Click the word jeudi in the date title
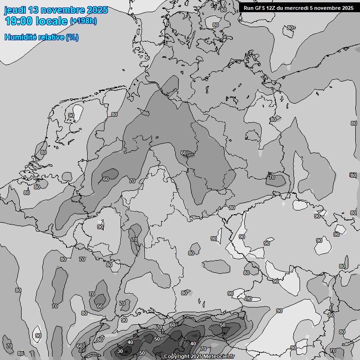[x=15, y=10]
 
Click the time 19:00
[x=19, y=21]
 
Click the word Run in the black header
[x=248, y=8]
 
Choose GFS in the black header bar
[x=260, y=8]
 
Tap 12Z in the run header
[x=272, y=8]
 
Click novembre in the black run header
[x=329, y=8]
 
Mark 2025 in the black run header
[x=347, y=8]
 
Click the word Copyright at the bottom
[x=176, y=357]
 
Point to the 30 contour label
[x=120, y=351]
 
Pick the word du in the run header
[x=283, y=8]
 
